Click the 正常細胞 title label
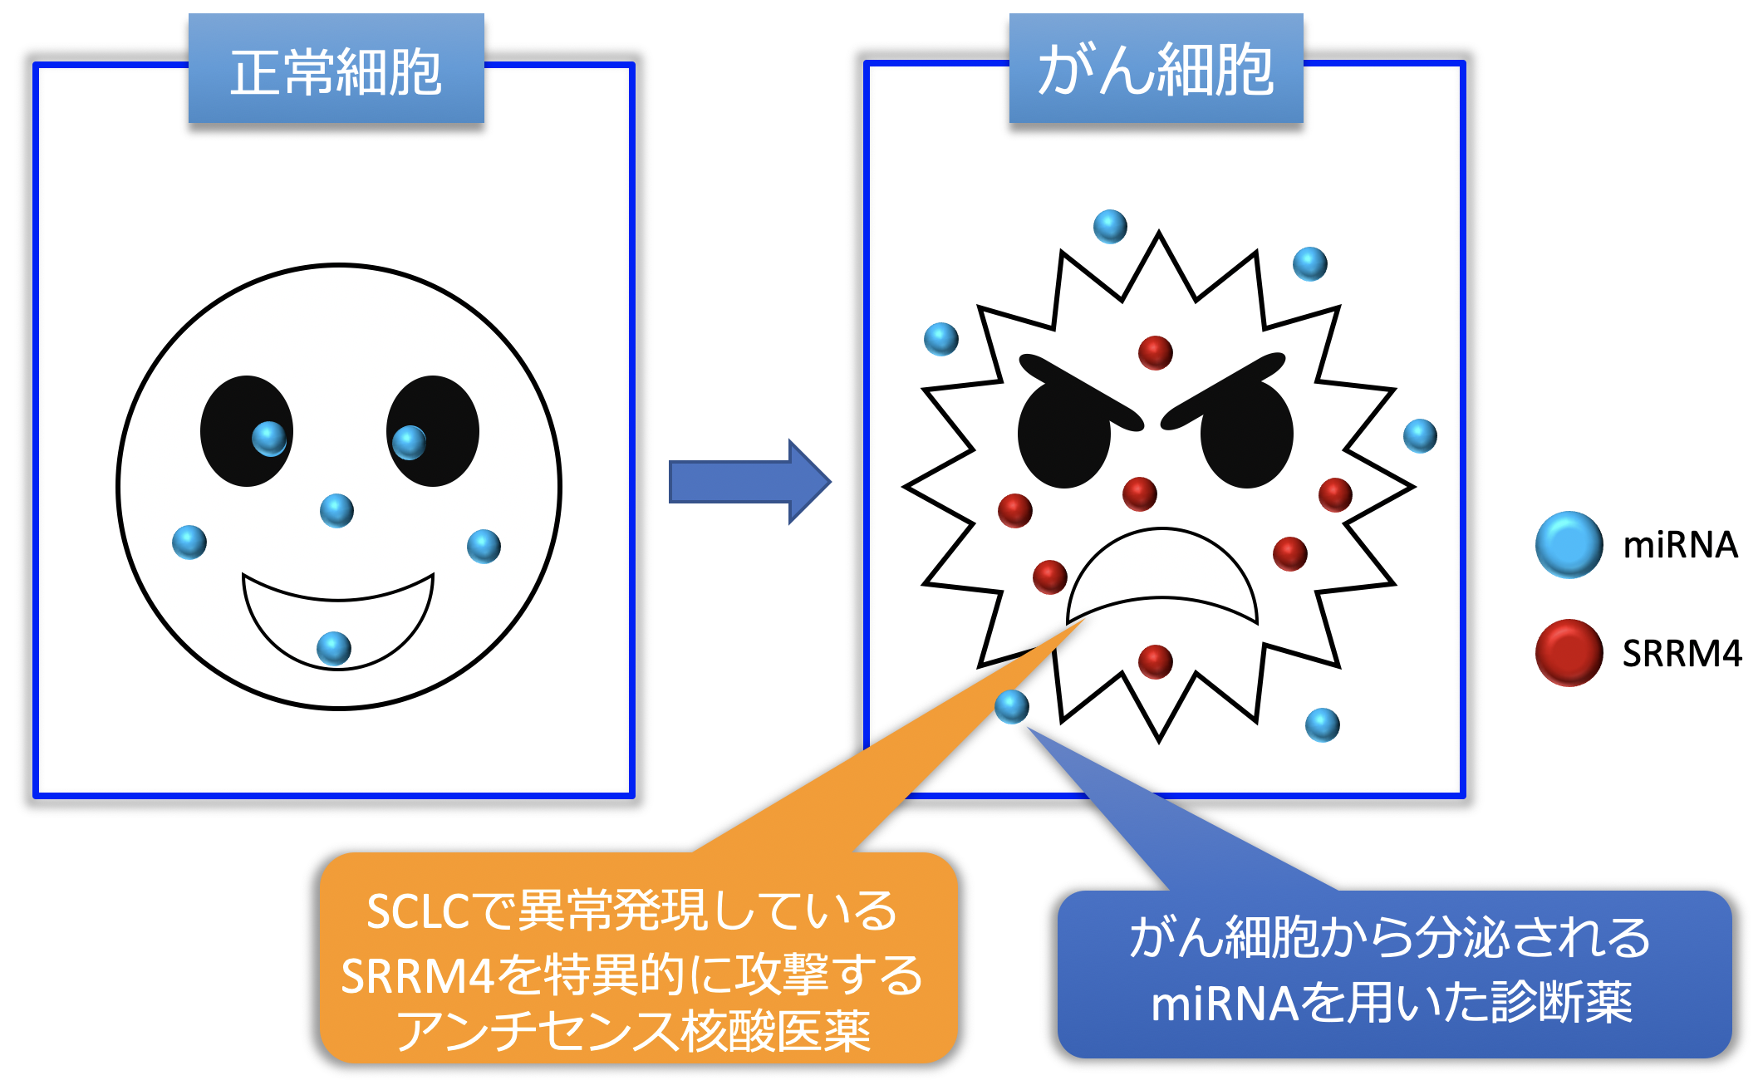336,71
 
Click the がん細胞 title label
1155,71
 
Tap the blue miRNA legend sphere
1569,545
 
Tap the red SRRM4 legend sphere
1569,653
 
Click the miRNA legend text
1680,545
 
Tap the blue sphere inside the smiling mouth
334,648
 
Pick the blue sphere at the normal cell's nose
336,510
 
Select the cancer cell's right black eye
1246,436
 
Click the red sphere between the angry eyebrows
1155,352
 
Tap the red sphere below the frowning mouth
1155,661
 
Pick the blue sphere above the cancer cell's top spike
1110,226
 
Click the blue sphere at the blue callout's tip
1011,706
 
